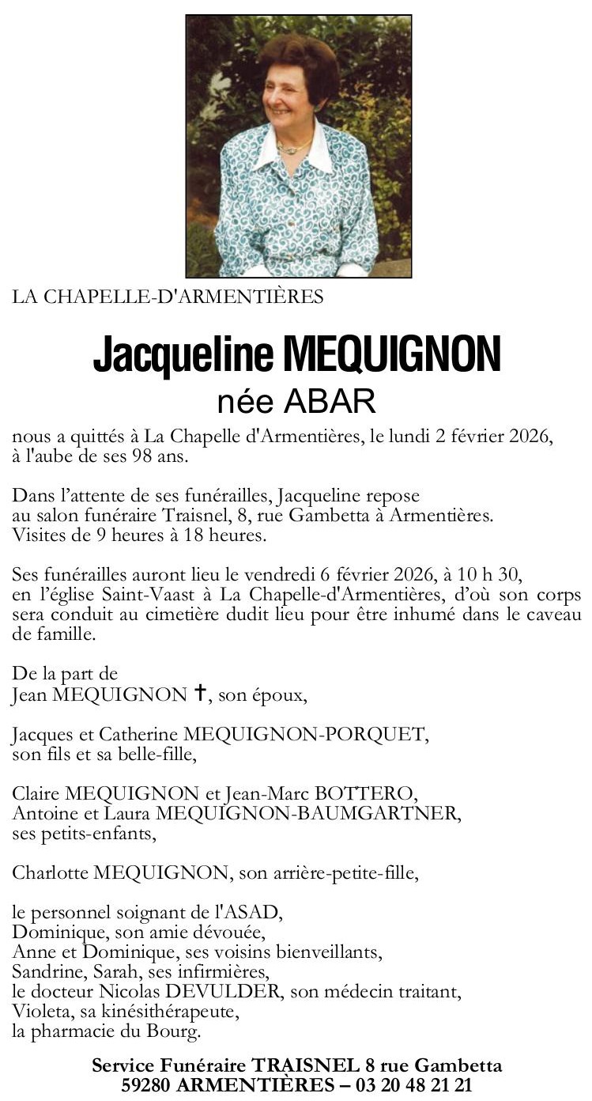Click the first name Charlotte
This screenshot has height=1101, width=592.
pos(50,873)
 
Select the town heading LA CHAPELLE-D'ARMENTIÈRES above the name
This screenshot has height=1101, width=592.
pos(168,297)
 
